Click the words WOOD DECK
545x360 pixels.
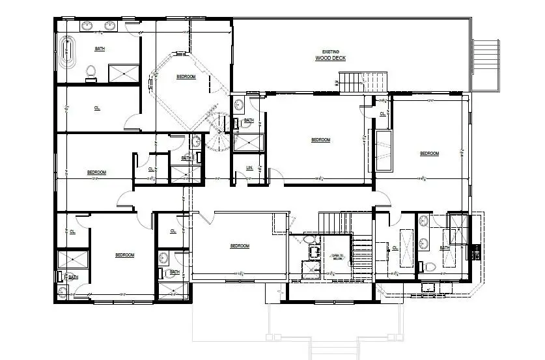point(330,59)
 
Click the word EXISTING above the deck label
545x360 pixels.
point(330,52)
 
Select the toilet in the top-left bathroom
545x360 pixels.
point(91,71)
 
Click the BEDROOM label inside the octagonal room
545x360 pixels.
point(186,77)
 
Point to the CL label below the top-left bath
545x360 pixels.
point(97,108)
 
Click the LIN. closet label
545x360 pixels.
point(249,168)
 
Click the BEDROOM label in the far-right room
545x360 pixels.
point(429,154)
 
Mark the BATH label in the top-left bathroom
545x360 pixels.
point(100,49)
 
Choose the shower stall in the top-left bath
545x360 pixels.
point(124,72)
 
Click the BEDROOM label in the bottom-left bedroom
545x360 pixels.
point(124,255)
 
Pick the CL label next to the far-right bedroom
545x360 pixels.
point(382,115)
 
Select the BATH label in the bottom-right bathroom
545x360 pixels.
point(445,248)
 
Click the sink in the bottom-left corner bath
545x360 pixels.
point(62,293)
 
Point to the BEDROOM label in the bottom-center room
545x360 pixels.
point(240,245)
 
